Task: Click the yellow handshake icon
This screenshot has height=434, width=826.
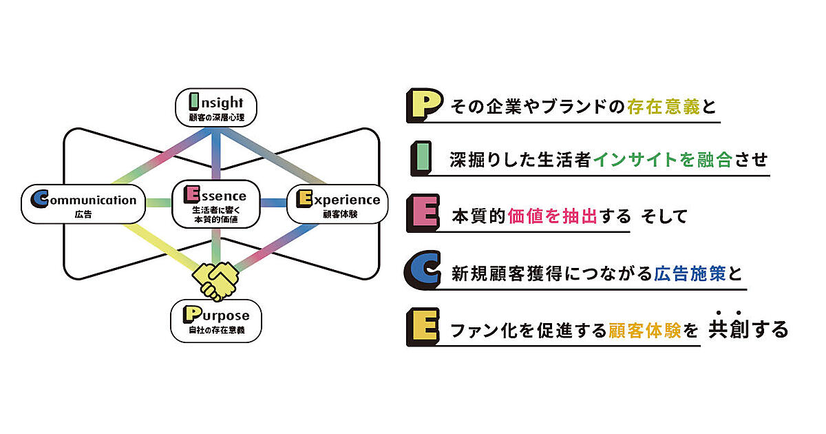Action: click(x=216, y=279)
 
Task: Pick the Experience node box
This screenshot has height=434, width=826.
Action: click(x=333, y=204)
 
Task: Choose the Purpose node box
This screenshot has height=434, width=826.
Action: click(x=216, y=321)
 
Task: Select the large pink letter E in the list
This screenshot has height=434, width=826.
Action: click(x=423, y=214)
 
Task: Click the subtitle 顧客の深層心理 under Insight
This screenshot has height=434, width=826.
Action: click(x=215, y=118)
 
